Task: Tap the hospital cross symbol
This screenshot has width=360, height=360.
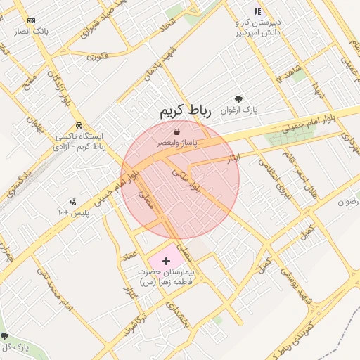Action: point(166,260)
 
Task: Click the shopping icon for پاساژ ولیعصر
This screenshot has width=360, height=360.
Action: point(176,131)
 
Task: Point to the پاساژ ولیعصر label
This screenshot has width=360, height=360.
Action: point(176,143)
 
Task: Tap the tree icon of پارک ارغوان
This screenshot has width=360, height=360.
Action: point(239,99)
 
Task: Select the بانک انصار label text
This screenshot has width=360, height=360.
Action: point(32,32)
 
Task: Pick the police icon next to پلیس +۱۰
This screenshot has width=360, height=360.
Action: point(73,202)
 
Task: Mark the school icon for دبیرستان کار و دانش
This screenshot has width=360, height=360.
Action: point(257,11)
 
